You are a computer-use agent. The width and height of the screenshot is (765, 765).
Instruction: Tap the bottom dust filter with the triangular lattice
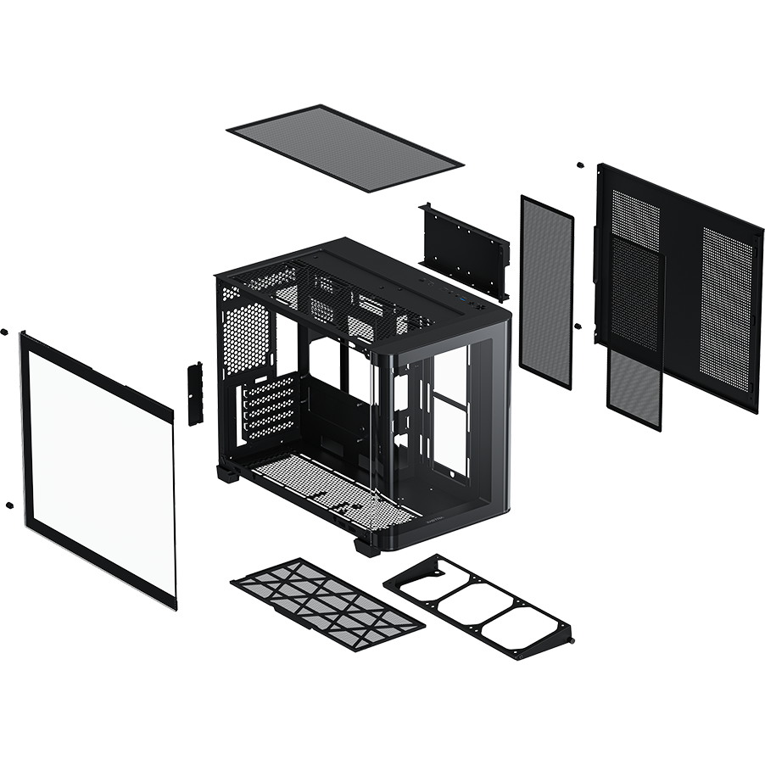(327, 603)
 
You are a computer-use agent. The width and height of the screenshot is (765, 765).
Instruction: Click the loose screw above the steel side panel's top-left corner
(580, 165)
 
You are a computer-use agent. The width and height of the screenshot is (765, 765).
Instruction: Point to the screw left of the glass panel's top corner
(5, 332)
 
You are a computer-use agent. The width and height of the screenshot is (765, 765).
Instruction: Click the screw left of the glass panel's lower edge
(8, 505)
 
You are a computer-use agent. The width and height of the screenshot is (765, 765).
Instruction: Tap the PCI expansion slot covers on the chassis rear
(267, 408)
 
